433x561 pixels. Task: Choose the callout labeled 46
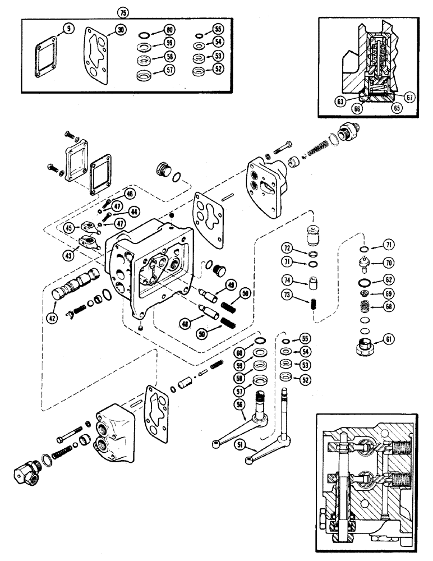point(130,194)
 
